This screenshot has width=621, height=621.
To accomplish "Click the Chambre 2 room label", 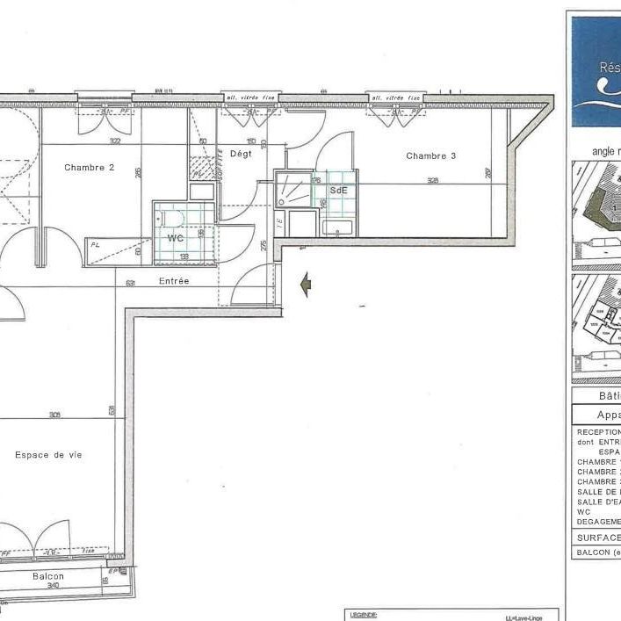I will (90, 167).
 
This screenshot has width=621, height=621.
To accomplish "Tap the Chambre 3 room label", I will (430, 155).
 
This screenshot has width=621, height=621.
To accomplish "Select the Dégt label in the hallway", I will (241, 153).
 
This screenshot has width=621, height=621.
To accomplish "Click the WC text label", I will (176, 238).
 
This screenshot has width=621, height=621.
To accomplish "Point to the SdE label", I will (338, 190).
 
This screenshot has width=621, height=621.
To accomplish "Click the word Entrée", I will (174, 281).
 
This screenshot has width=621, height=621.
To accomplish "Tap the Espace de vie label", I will (48, 455).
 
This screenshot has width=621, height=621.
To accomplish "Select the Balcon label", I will (48, 576).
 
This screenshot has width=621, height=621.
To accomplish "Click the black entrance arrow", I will (307, 285).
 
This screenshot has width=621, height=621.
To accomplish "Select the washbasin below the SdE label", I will (337, 228).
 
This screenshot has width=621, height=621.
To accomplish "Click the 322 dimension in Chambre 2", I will (115, 141).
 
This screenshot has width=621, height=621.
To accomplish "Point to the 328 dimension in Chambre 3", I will (433, 181).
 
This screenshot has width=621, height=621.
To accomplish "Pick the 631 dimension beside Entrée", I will (130, 283).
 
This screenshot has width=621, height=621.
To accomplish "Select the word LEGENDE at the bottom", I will (363, 616).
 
